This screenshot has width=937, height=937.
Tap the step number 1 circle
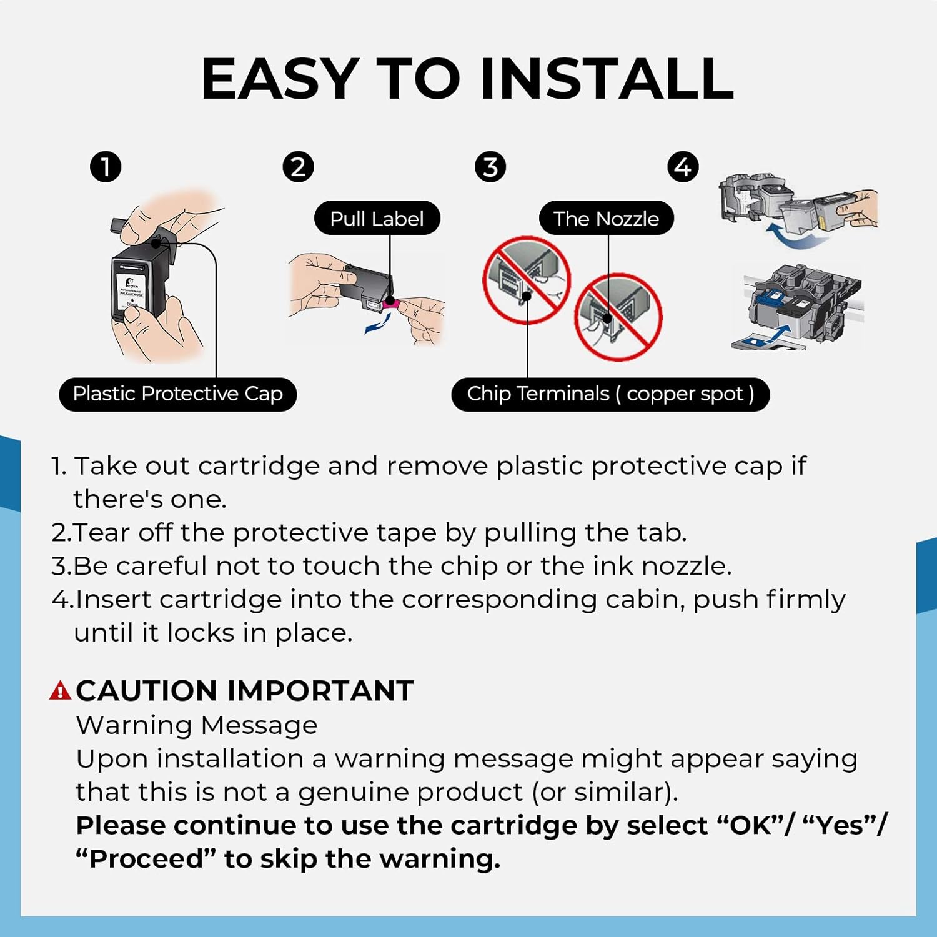(106, 167)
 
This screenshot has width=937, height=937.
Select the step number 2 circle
(298, 167)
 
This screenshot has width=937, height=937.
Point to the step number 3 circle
(490, 167)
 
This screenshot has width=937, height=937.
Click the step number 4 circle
(683, 167)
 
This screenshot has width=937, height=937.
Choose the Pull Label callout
(377, 218)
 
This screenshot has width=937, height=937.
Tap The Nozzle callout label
(606, 218)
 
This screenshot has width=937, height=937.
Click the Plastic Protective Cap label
(177, 394)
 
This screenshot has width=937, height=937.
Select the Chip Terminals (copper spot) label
(610, 394)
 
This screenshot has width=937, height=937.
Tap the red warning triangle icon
(60, 691)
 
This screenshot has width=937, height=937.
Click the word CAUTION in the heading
(147, 691)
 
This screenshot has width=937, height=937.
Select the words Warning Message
(197, 725)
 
